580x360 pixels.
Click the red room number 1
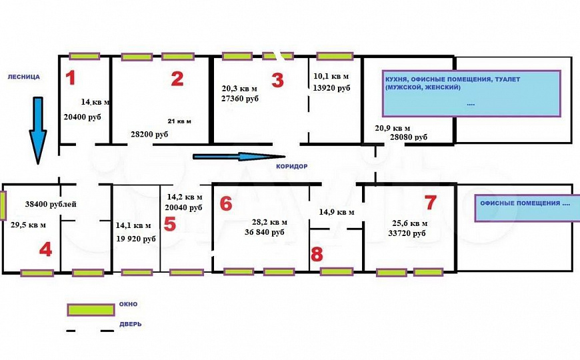(71, 78)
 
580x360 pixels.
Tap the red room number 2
(177, 79)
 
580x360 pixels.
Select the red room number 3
(277, 80)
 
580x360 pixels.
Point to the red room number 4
(45, 250)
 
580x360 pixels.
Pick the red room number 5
(170, 224)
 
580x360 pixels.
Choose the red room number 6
(226, 203)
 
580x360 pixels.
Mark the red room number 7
(431, 203)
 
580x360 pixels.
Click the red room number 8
(317, 254)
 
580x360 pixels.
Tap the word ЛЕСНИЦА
(24, 77)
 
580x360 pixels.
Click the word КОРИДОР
(292, 167)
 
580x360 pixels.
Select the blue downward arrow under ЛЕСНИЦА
(38, 130)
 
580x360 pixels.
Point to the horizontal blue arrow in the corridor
(239, 157)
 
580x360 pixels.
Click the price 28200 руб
(149, 134)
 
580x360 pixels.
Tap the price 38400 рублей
(51, 204)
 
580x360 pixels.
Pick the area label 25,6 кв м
(410, 223)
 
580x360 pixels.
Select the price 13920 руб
(331, 88)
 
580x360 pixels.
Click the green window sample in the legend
(91, 310)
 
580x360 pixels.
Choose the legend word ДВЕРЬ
(131, 325)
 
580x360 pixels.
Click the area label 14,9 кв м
(337, 213)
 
